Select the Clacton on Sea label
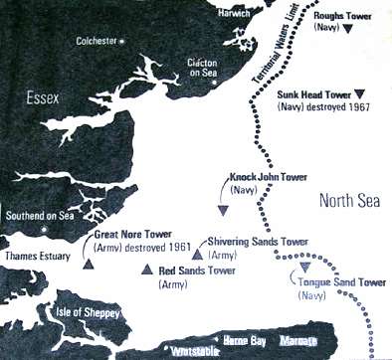(205, 69)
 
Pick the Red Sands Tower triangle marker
(148, 270)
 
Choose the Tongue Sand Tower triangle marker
(305, 268)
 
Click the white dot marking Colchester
(122, 42)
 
